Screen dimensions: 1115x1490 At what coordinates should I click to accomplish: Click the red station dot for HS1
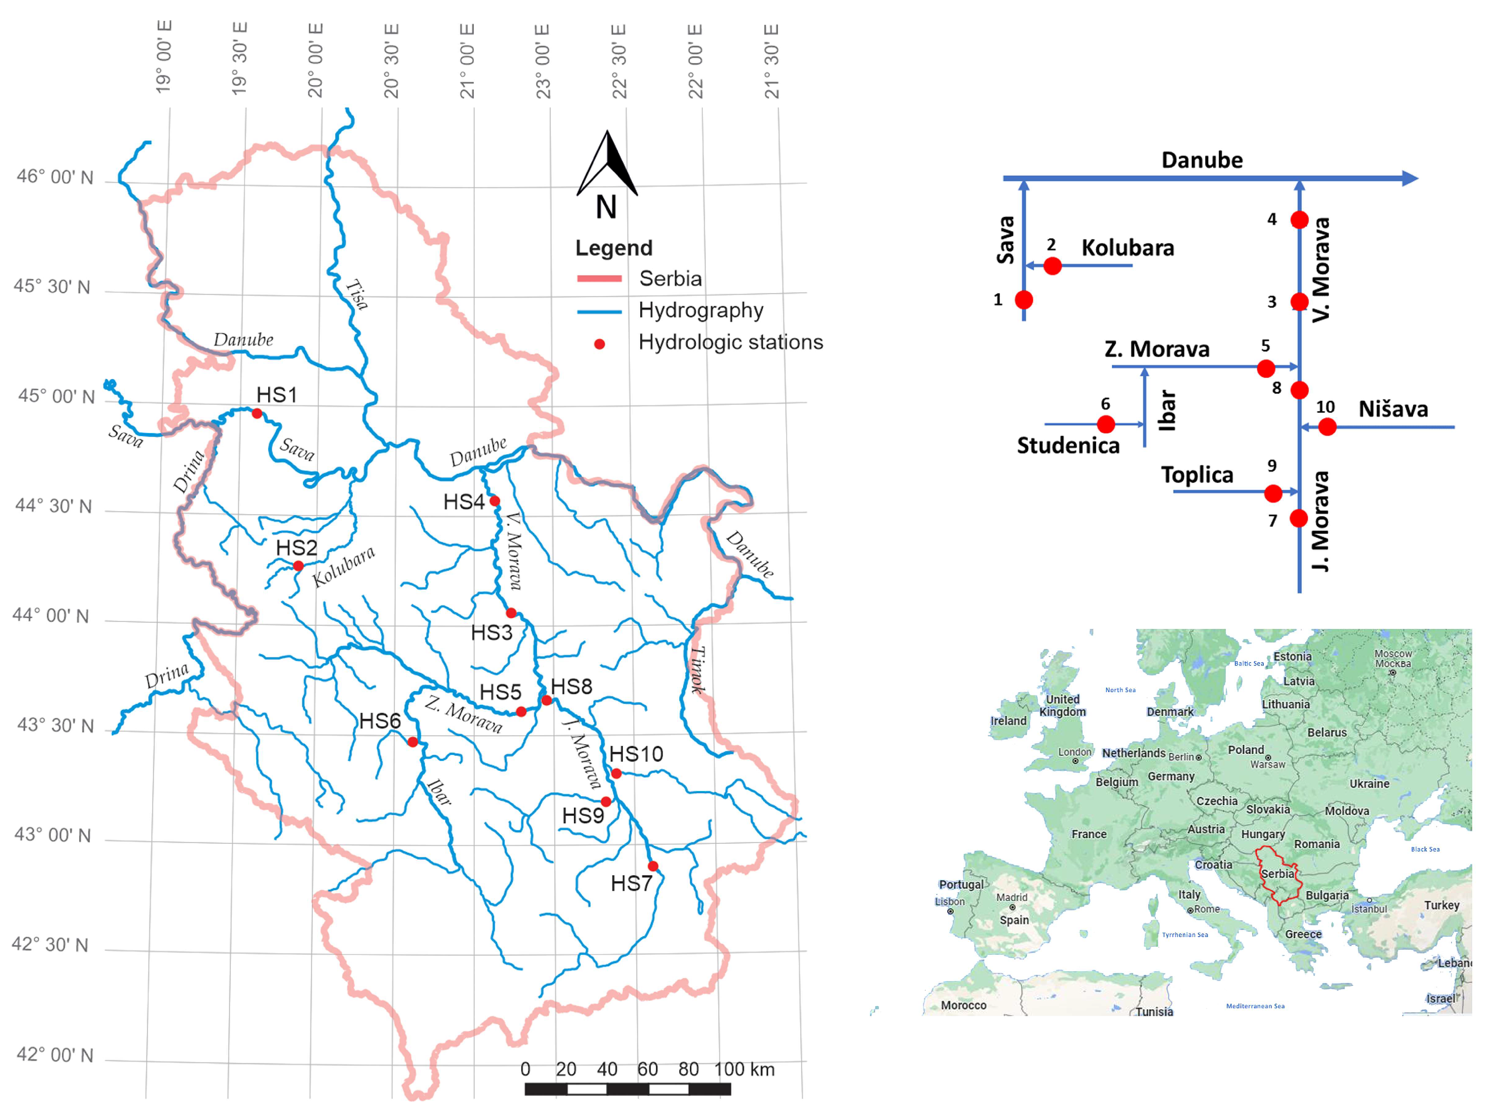tap(257, 414)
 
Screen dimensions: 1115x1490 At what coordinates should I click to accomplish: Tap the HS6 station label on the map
tap(379, 721)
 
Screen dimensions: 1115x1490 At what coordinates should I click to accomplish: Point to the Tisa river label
tap(357, 295)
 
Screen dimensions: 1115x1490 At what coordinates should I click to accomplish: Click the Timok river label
tap(698, 670)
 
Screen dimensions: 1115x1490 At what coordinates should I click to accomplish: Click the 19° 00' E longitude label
tap(164, 57)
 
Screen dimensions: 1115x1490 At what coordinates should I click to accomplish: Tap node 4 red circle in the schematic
tap(1299, 220)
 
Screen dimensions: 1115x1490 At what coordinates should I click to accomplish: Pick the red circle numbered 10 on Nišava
tap(1327, 427)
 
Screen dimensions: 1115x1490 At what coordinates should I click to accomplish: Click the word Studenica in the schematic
tap(1068, 445)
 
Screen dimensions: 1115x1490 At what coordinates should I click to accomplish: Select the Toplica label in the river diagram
tap(1196, 475)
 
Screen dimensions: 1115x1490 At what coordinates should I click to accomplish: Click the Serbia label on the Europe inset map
tap(1277, 873)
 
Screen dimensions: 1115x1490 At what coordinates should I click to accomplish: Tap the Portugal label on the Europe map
tap(960, 884)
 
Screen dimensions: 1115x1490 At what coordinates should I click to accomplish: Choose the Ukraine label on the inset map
tap(1369, 783)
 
